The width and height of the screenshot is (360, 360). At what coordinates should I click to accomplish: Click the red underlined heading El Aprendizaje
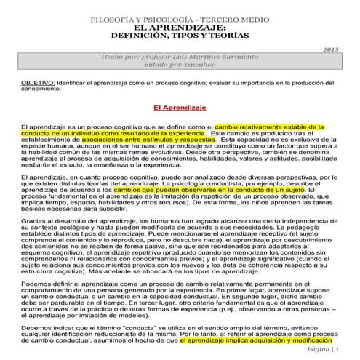pos(180,108)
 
